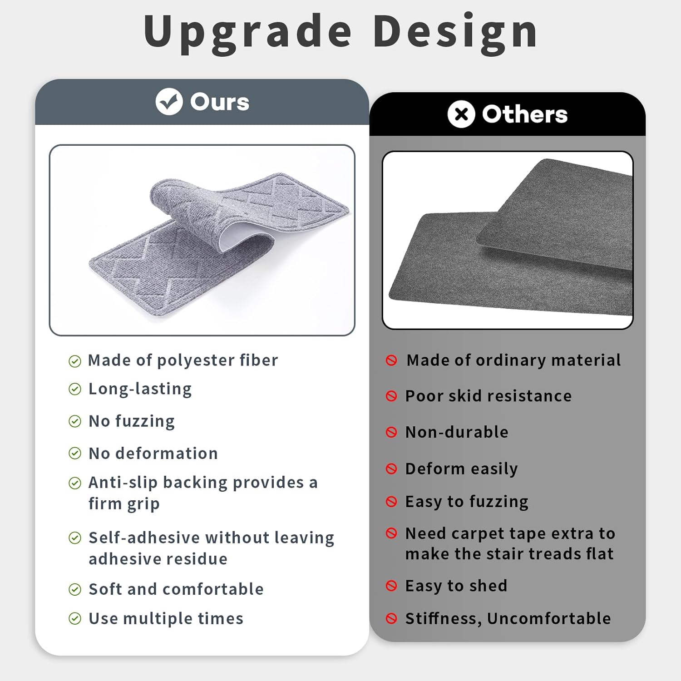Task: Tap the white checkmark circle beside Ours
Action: pos(169,102)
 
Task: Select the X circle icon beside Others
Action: pos(461,114)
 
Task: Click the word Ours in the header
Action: pos(220,102)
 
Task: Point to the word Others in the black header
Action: pos(525,114)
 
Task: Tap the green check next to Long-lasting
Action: pos(75,389)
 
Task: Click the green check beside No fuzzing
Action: pos(75,421)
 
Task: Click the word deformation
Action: pos(167,453)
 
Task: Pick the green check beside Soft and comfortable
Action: pos(75,589)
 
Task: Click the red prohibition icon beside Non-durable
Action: pos(391,432)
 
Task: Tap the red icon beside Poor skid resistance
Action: pos(391,396)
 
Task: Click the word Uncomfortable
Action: pos(549,618)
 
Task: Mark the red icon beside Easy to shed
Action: pos(391,586)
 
